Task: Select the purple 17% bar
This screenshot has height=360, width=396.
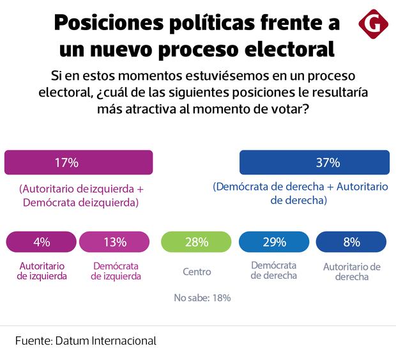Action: click(79, 162)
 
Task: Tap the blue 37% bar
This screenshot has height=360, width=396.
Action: click(314, 162)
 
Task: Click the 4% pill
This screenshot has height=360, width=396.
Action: click(42, 242)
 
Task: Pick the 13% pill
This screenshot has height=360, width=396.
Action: click(116, 242)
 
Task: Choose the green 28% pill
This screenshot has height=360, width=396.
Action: click(196, 242)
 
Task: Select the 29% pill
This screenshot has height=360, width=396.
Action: click(274, 242)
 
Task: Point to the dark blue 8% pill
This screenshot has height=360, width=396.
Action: click(351, 242)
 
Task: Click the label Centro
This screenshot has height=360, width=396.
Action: click(196, 272)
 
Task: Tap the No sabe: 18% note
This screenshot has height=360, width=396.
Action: click(202, 297)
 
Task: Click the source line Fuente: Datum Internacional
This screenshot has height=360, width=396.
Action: click(86, 341)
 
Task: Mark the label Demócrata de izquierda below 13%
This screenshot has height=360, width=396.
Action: click(116, 271)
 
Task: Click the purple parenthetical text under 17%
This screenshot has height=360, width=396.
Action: click(80, 195)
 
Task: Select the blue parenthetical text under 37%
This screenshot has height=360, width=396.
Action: click(300, 193)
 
